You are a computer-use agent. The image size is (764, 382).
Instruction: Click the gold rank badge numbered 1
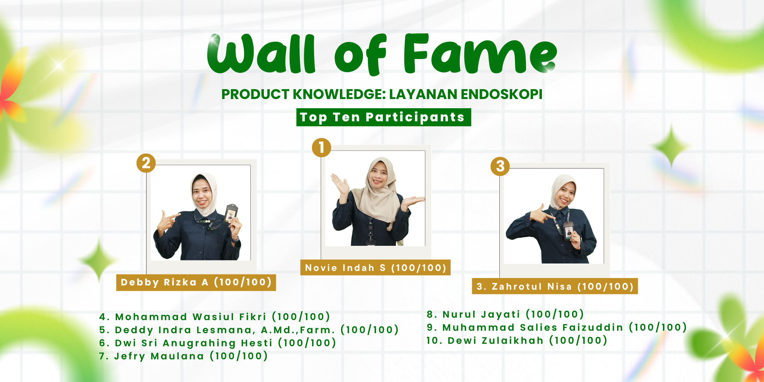tap(321, 147)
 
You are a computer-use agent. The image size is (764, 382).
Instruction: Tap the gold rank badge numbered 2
tap(146, 163)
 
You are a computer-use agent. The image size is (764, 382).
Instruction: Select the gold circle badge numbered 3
tap(500, 166)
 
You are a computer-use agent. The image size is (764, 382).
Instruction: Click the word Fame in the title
tap(480, 54)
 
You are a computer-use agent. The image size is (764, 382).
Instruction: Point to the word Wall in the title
tap(261, 54)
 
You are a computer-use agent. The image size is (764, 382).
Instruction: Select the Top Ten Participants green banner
tap(383, 117)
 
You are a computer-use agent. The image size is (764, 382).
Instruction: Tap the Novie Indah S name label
tap(375, 268)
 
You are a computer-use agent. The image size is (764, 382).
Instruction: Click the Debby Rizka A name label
tap(196, 282)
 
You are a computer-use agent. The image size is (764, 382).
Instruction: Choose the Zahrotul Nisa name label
tap(555, 286)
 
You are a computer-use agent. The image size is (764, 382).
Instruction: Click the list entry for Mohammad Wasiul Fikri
tap(214, 317)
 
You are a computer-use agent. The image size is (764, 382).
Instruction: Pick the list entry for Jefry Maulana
tap(183, 356)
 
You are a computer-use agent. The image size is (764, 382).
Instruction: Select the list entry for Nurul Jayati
tap(505, 314)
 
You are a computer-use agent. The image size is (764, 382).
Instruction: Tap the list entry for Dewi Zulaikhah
tap(517, 340)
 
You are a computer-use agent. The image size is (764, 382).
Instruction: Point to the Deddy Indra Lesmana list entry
tap(249, 330)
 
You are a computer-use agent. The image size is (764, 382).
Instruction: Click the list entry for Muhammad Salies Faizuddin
tap(557, 327)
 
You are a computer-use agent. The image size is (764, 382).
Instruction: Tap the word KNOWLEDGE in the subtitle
tap(339, 94)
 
